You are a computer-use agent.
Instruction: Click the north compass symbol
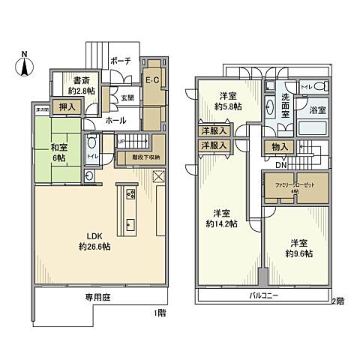[x=24, y=64]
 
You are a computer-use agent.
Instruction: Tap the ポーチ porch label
[x=120, y=61]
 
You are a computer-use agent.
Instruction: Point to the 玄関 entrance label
[x=128, y=97]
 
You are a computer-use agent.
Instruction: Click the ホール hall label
[x=115, y=120]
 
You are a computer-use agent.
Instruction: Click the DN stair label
[x=280, y=165]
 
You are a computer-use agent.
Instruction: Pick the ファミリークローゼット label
[x=294, y=184]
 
